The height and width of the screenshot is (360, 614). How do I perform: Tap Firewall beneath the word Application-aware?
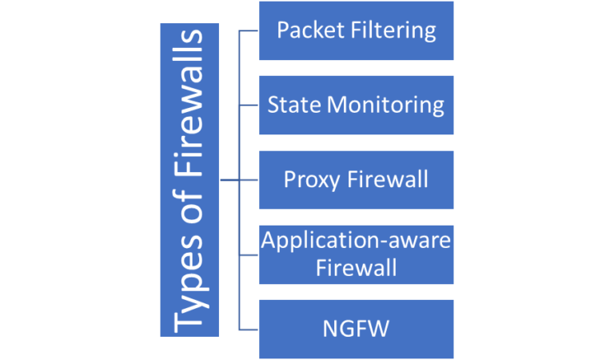point(356,268)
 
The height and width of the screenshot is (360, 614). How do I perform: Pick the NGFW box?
point(356,329)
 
